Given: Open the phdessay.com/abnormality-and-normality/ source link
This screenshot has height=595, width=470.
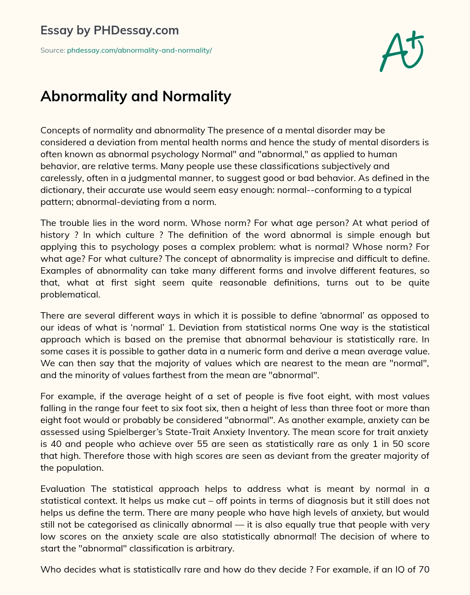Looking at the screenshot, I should (x=140, y=50).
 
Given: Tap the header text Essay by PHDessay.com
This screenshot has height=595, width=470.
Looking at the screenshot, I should (x=110, y=31).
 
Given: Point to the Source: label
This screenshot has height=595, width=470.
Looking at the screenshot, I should (x=52, y=50).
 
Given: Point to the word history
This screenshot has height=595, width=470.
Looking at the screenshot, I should (x=55, y=235).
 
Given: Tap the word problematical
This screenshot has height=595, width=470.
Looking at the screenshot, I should (x=70, y=294).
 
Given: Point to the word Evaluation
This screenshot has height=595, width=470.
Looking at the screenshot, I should (x=63, y=489).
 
